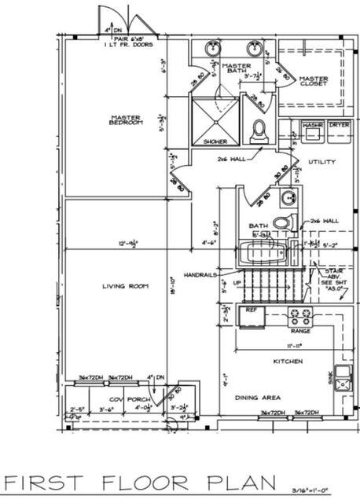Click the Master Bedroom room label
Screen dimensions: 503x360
pyautogui.click(x=125, y=120)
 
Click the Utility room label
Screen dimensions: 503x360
pyautogui.click(x=321, y=162)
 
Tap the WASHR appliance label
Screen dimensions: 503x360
pyautogui.click(x=313, y=125)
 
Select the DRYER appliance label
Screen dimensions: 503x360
pyautogui.click(x=339, y=125)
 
